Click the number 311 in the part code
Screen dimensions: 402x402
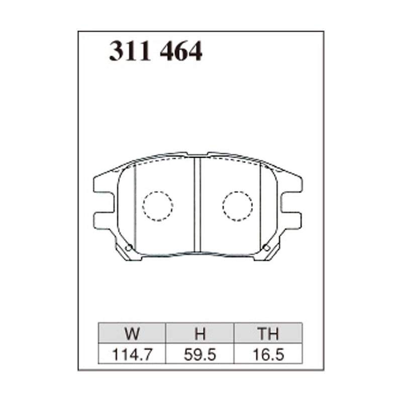(130, 52)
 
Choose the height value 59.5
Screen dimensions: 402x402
(200, 354)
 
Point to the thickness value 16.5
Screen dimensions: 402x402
(268, 354)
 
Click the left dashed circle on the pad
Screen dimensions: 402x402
(158, 206)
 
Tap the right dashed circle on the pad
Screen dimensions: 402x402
(237, 206)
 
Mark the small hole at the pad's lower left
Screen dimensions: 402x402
(129, 247)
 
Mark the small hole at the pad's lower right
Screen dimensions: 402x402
(266, 247)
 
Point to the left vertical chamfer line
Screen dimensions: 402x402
(135, 206)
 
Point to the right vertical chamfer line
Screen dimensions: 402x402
(260, 206)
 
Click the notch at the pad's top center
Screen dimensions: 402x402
(198, 154)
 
